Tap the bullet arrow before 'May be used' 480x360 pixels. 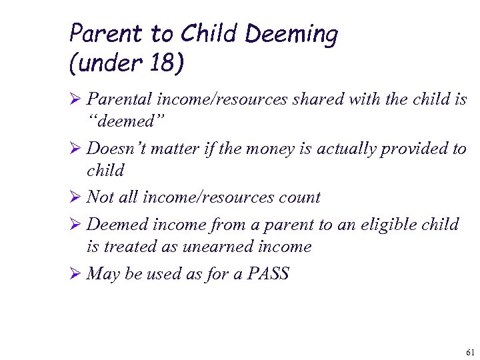[76, 273]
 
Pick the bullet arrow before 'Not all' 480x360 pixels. [76, 197]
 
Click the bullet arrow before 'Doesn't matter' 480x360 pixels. [76, 148]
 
